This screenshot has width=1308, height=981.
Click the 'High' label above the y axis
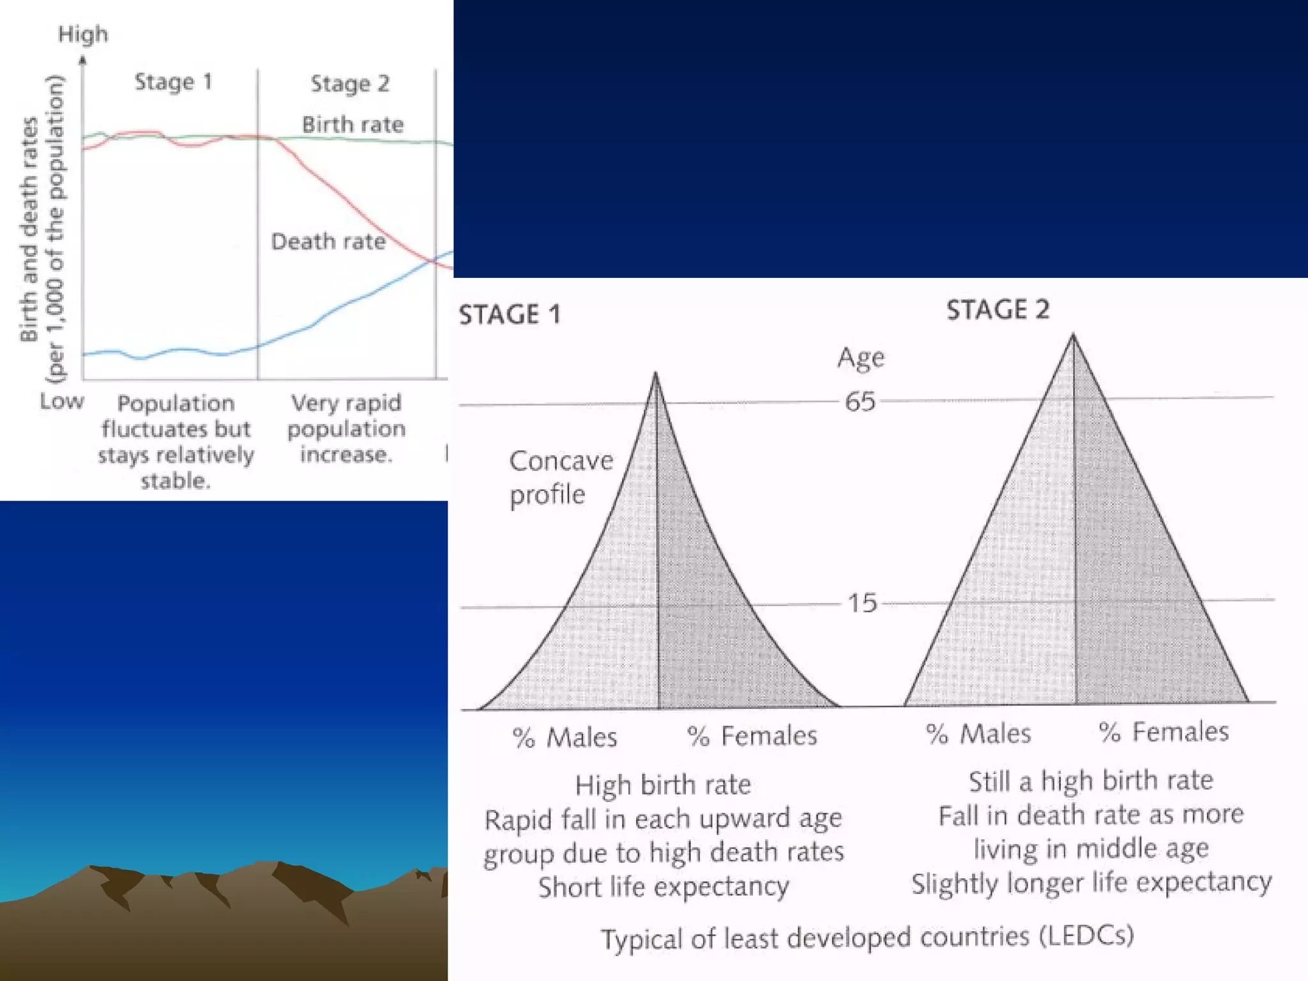83,34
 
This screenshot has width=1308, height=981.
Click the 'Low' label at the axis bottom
62,401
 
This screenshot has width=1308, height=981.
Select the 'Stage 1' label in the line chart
173,82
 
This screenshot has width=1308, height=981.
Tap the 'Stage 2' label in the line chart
350,84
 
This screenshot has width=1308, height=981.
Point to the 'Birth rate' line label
353,125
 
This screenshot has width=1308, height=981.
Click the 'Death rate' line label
328,241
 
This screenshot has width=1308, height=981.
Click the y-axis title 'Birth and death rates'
29,230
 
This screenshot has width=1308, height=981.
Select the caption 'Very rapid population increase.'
346,429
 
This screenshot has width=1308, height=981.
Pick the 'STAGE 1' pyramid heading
510,314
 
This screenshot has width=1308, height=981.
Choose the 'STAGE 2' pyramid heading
998,310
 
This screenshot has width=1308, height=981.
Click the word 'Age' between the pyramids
861,358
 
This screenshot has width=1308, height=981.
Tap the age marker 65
860,402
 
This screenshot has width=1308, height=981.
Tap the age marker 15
862,603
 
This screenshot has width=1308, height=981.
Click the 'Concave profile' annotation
561,477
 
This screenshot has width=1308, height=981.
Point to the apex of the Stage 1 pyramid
655,374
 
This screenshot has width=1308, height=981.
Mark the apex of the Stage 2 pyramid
1073,335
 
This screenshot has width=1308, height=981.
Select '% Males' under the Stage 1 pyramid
565,738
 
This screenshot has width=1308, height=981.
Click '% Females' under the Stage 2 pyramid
1164,732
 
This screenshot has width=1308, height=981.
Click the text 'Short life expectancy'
663,887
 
